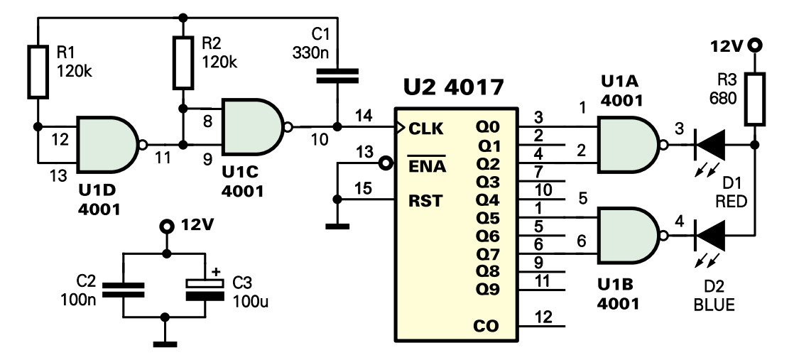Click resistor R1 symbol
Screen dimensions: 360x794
(x=38, y=71)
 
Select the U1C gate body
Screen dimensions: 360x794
(x=251, y=126)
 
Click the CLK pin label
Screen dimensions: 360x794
(x=426, y=129)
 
